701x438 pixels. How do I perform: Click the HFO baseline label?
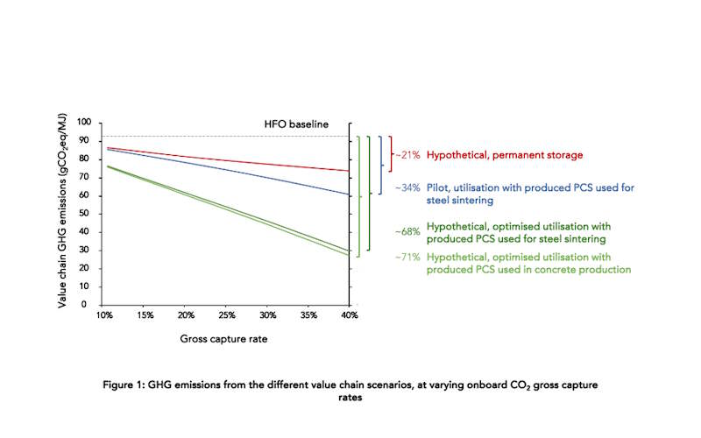(295, 124)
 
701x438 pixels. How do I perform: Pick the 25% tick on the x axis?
(227, 315)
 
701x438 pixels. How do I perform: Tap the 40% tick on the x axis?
(349, 315)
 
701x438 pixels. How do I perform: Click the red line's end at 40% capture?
(348, 171)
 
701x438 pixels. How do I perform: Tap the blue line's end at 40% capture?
(348, 194)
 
